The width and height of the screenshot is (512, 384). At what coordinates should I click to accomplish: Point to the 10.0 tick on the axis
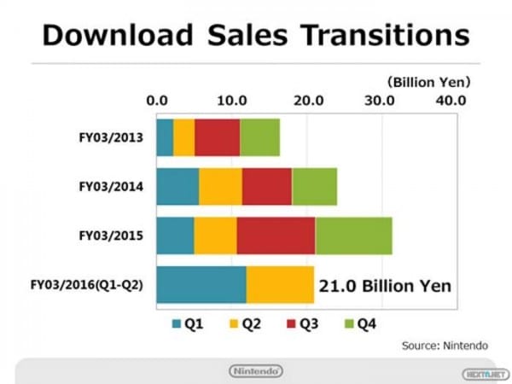233,101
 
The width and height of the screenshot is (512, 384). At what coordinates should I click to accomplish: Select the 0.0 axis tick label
157,101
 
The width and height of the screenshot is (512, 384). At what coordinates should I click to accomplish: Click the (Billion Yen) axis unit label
430,83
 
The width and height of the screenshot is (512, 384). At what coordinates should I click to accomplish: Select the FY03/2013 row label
103,137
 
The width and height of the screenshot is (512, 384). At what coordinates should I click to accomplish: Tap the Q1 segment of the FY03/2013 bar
165,137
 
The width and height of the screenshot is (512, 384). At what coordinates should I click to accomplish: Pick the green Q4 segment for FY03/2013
259,137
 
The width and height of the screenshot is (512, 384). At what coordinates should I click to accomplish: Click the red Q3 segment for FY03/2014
266,186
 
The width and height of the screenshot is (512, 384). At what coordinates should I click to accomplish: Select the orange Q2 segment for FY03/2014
220,186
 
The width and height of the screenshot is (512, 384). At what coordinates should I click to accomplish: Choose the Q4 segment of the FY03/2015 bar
353,236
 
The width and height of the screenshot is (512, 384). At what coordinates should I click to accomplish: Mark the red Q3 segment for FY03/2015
276,236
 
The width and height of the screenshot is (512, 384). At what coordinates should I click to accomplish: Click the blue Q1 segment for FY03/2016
201,284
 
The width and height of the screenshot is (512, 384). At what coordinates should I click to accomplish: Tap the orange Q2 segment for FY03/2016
280,284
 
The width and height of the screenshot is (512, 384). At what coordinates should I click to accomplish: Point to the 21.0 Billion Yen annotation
384,285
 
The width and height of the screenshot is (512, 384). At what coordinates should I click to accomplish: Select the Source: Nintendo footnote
445,345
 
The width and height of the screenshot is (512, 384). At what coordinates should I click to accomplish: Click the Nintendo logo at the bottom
256,371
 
